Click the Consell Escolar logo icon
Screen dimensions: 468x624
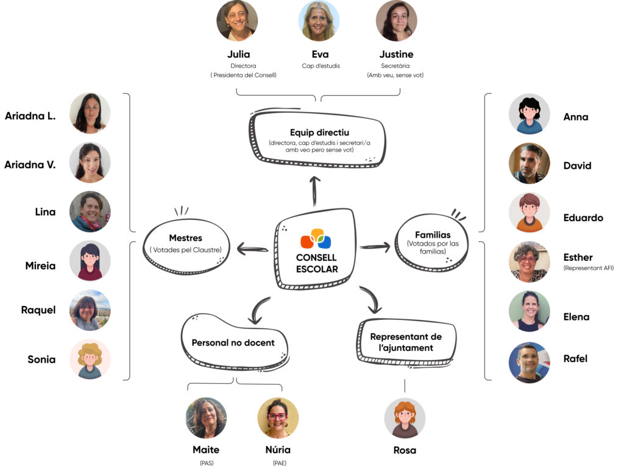pyautogui.click(x=316, y=238)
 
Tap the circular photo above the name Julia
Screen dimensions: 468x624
pyautogui.click(x=237, y=21)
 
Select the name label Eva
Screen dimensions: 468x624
pyautogui.click(x=320, y=54)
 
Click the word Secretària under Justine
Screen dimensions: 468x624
pyautogui.click(x=396, y=66)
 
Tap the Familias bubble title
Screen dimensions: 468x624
pyautogui.click(x=432, y=235)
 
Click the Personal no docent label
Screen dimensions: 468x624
pyautogui.click(x=233, y=342)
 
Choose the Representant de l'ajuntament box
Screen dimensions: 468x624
pyautogui.click(x=406, y=342)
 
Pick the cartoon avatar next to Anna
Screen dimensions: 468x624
pyautogui.click(x=529, y=114)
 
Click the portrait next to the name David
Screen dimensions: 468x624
pyautogui.click(x=529, y=163)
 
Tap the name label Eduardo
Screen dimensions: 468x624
pyautogui.click(x=583, y=218)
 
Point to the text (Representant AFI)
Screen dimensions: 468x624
pyautogui.click(x=588, y=268)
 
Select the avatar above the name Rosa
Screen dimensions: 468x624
pyautogui.click(x=405, y=419)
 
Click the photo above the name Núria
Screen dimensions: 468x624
pyautogui.click(x=278, y=418)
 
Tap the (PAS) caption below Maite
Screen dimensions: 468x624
pyautogui.click(x=205, y=463)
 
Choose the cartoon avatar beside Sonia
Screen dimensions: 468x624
pyautogui.click(x=90, y=359)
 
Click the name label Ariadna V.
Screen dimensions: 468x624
pyautogui.click(x=30, y=164)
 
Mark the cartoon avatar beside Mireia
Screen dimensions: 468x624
pyautogui.click(x=90, y=261)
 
